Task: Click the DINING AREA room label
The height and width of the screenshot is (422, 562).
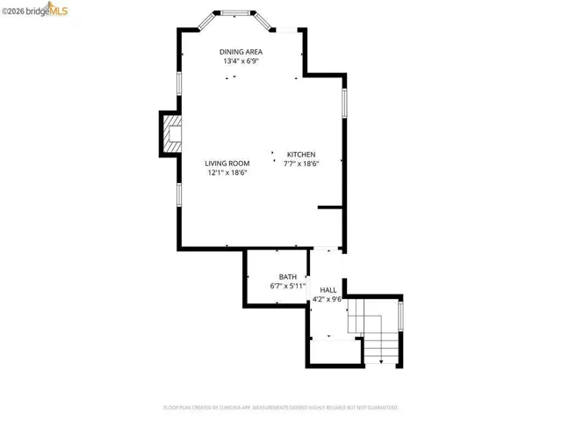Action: coord(241,51)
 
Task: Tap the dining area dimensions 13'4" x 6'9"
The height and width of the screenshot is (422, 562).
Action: coord(241,62)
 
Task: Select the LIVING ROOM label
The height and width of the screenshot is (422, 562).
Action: coord(227,163)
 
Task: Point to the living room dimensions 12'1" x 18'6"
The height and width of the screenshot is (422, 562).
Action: coord(227,173)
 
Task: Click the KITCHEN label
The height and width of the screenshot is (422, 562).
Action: coord(300,153)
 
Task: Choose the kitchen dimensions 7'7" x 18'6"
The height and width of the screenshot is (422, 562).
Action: coord(300,164)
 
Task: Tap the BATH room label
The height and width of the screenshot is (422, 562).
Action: coord(288,276)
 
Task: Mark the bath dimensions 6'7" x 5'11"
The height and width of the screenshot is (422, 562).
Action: coord(288,287)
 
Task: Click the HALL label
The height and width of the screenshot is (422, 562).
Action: coord(328,289)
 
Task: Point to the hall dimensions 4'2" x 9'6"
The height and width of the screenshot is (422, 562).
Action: coord(328,300)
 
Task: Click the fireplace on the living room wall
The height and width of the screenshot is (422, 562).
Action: coord(170,135)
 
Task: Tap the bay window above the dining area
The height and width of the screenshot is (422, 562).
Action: coord(234,13)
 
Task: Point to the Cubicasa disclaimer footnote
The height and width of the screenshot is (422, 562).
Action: coord(280,408)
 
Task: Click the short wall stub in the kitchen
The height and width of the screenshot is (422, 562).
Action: coord(330,208)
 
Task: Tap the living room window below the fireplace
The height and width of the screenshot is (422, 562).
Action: coord(180,194)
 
